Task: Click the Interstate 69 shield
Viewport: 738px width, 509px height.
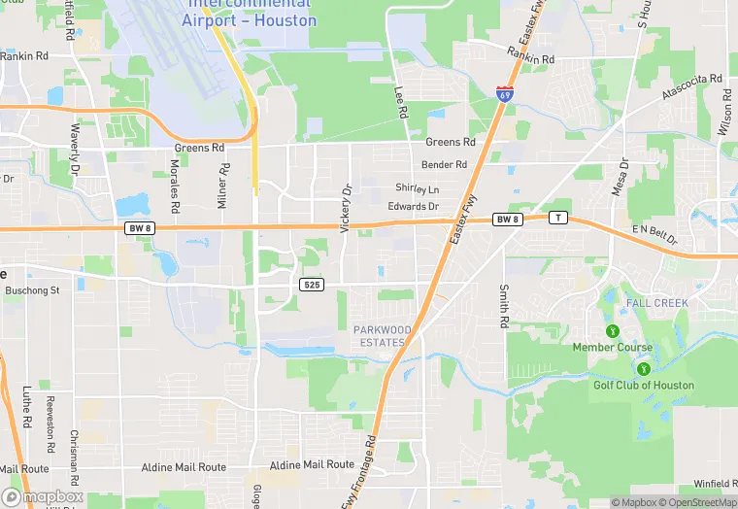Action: tap(504, 94)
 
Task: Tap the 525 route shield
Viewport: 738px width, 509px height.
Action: tap(311, 285)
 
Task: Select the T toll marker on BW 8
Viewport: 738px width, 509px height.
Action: tap(557, 218)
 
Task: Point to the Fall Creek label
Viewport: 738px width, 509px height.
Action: tap(657, 303)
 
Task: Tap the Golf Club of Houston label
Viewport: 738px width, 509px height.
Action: tap(644, 385)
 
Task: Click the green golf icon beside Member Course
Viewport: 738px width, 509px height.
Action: tap(612, 331)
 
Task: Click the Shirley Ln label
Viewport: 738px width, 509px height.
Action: tap(417, 187)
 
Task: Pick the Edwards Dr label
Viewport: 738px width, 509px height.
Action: tap(414, 206)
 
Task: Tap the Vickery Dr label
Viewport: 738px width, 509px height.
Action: tap(345, 208)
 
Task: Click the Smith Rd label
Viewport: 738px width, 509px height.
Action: tap(504, 305)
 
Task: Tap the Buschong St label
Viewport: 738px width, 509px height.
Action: tap(32, 289)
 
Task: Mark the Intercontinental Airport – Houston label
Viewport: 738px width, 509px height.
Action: tap(250, 14)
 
